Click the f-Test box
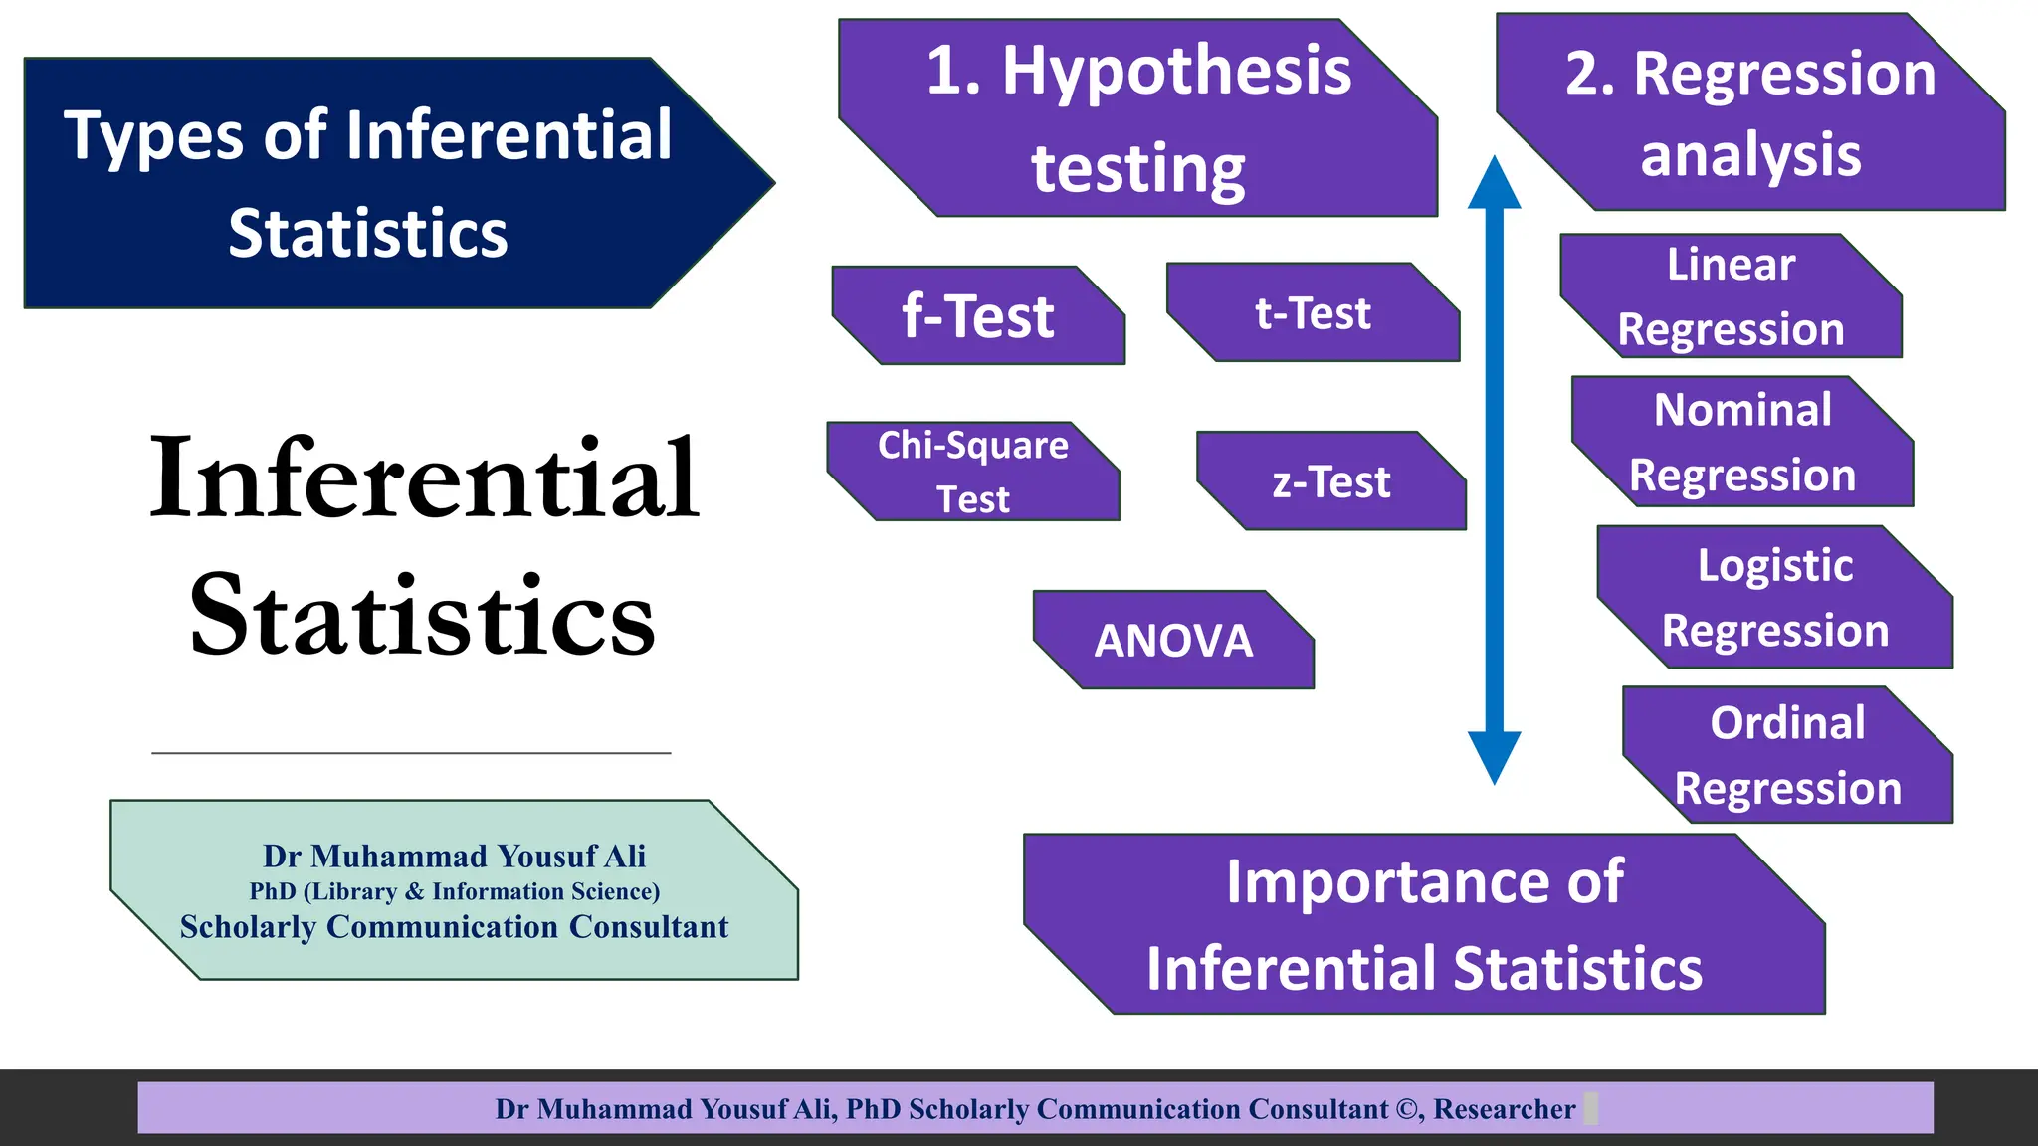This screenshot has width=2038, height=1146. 978,316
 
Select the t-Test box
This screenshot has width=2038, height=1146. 1313,313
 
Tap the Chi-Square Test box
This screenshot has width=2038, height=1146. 972,472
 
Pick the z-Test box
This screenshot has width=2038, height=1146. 1330,482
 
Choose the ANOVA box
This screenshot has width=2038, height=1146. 1173,641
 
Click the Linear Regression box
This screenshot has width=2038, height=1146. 1731,296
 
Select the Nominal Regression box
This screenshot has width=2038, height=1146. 1741,443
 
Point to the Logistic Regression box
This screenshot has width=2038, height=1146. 1774,598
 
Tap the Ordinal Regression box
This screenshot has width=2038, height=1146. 1787,755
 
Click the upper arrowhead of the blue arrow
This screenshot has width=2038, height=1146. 1494,184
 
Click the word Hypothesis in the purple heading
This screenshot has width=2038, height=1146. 1176,72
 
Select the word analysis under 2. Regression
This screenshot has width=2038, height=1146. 1750,156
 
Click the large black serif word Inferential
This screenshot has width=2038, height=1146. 425,478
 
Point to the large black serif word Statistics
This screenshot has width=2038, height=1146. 422,617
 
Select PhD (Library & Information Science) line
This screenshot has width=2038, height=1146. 454,891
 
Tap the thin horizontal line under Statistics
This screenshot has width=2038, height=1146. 411,753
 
